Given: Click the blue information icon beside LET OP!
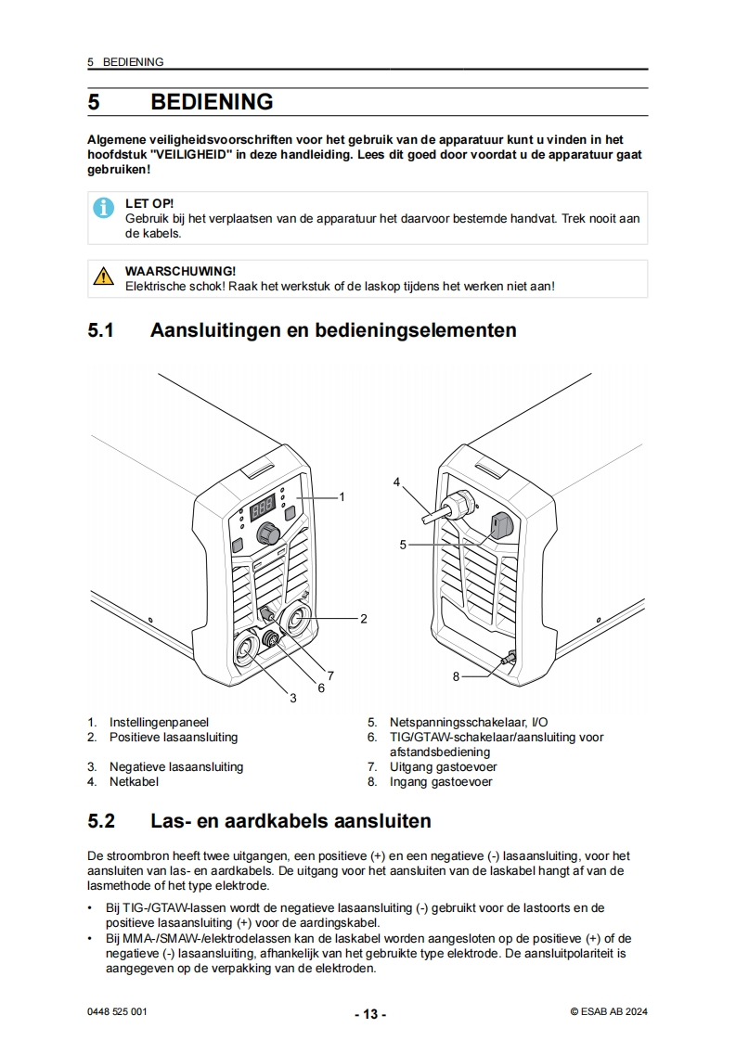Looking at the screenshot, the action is (x=103, y=208).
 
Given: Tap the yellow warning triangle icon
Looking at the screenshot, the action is (x=103, y=276).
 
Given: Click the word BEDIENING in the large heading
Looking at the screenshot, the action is (x=212, y=101).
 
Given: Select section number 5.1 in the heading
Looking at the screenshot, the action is (x=101, y=330).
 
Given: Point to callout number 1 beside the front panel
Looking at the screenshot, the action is (x=342, y=496).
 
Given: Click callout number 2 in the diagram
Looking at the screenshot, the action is (x=363, y=619).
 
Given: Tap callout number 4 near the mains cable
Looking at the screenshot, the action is (x=396, y=482).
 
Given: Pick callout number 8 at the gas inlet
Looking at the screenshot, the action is (x=456, y=676).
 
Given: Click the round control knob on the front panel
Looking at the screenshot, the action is (x=268, y=532).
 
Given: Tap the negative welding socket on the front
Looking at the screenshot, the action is (x=246, y=649).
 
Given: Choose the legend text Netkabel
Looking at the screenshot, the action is (x=135, y=781).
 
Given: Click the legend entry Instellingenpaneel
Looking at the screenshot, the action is (x=159, y=723).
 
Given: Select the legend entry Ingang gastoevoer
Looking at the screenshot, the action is (x=441, y=781).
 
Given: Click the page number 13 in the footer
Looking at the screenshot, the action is (x=370, y=1014).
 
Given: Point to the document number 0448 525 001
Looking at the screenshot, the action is (x=117, y=1012).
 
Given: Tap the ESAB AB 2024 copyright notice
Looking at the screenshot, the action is (x=609, y=1012).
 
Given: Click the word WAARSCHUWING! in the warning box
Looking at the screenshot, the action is (x=180, y=271).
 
